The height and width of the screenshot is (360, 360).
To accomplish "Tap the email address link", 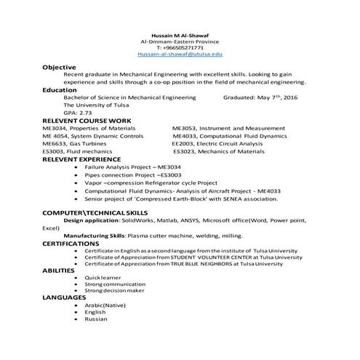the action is (180, 55).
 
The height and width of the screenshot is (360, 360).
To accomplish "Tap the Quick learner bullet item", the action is (103, 278).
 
